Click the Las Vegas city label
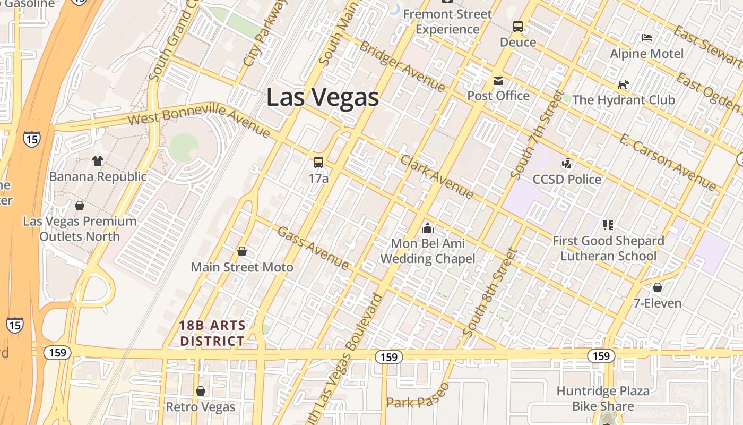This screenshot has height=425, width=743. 323,97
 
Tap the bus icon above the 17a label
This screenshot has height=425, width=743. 318,163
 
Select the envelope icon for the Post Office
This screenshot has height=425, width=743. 498,81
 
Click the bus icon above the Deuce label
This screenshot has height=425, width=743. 518,27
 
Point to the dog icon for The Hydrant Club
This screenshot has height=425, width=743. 623,85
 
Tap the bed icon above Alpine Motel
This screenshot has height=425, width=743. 647,38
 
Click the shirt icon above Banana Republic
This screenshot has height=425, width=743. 98,160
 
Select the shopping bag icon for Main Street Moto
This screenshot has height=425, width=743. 242,251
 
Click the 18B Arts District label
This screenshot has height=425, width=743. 212,333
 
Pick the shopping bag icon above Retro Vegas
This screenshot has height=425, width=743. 201,392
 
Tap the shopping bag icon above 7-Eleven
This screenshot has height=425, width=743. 658,288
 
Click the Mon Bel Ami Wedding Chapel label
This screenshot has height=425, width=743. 428,251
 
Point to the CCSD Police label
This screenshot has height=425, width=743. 567,179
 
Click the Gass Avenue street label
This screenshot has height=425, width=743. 313,248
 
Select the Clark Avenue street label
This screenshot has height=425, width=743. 437,177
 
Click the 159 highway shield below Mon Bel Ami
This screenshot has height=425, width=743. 389,357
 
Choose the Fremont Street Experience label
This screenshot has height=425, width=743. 447,21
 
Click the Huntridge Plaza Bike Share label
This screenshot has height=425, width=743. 603,398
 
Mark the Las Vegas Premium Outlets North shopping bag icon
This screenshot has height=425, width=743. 80,206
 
